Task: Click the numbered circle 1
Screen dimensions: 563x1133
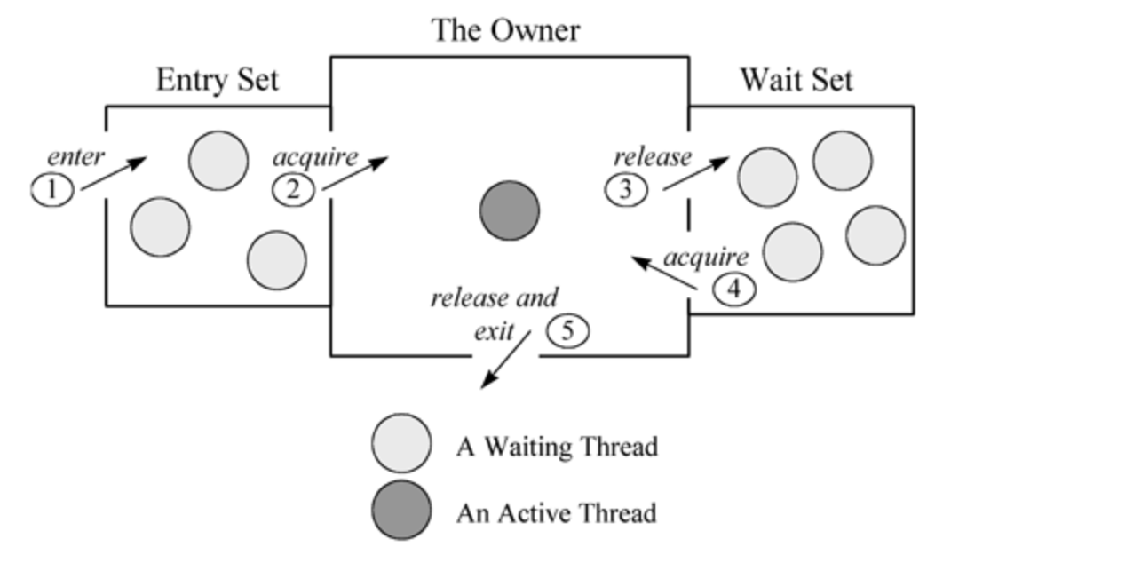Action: point(53,189)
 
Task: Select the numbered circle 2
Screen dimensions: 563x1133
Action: point(293,189)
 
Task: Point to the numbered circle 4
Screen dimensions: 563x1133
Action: point(734,289)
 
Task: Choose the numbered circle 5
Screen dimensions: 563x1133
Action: point(567,330)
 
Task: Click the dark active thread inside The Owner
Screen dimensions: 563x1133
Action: point(510,211)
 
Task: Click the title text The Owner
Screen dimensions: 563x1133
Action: point(505,30)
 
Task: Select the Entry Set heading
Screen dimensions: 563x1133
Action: point(217,80)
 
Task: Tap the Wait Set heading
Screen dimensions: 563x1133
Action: point(796,80)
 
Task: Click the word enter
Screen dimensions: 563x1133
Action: point(75,157)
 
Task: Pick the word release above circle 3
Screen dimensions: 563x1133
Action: point(653,157)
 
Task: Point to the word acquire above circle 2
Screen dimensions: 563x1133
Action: point(315,157)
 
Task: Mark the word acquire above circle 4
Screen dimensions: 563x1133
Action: point(707,258)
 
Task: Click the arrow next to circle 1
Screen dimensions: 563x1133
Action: point(114,174)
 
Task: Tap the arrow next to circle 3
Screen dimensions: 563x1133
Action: point(695,173)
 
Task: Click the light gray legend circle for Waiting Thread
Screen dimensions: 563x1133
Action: point(402,442)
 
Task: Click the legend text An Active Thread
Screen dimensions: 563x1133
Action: point(556,512)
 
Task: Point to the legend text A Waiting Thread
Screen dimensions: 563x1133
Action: point(557,445)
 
